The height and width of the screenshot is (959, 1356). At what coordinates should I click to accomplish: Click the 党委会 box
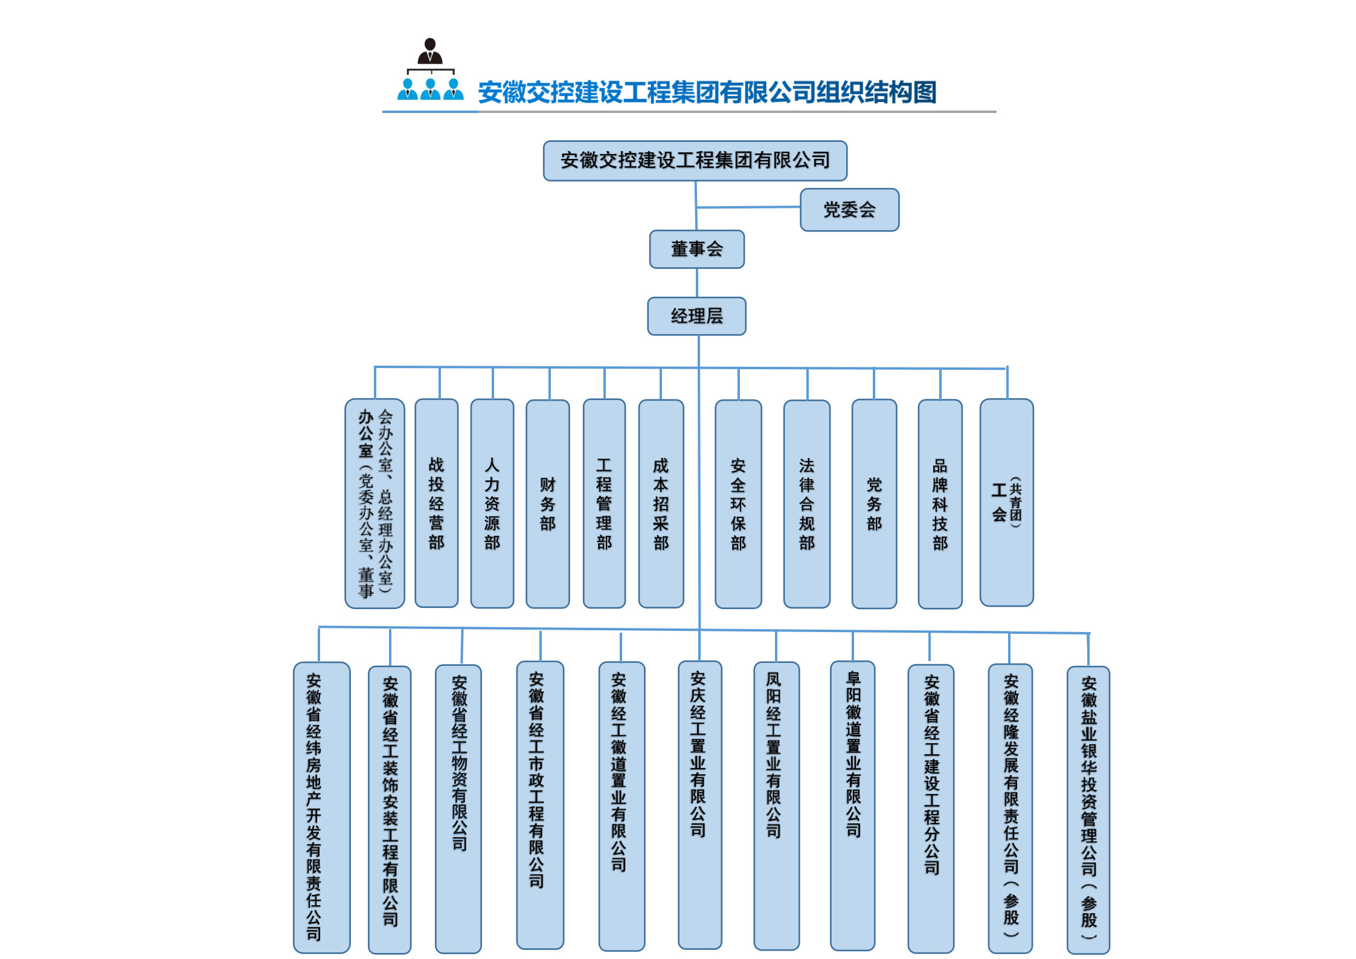coord(849,210)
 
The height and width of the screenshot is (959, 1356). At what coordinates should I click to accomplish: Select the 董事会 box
coord(696,249)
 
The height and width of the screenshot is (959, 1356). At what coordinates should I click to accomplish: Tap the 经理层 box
coord(696,316)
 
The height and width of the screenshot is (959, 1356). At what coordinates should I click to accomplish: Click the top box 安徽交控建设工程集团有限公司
coord(695,161)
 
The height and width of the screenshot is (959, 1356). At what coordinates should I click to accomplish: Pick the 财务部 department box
coord(547,503)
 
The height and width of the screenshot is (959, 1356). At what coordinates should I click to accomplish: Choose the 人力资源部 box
coord(492,503)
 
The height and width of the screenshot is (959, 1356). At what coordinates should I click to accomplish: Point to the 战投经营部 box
coord(436,503)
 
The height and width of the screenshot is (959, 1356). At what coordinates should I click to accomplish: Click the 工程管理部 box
coord(604,503)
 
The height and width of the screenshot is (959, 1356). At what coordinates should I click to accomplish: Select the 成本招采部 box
coord(661,503)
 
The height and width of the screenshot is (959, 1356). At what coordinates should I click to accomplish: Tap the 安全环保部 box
coord(738,503)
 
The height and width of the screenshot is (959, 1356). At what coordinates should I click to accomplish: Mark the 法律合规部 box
coord(806,503)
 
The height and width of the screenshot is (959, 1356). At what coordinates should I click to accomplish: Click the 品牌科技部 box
coord(940,503)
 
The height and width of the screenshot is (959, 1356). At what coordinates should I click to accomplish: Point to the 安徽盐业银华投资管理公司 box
coord(1088,810)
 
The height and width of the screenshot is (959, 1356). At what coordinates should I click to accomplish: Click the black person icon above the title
coord(430,52)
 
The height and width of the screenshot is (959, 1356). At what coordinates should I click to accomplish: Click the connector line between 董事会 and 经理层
coord(697,282)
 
